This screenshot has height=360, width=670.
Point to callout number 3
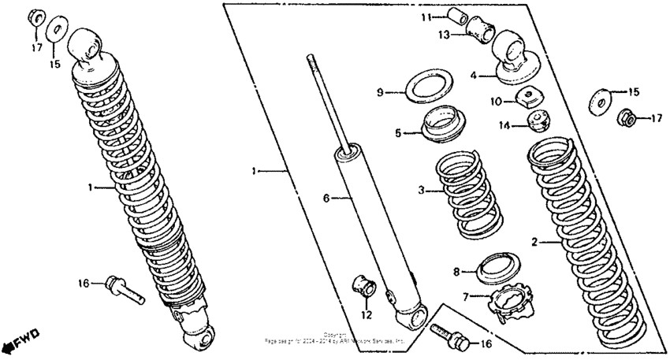pos(422,190)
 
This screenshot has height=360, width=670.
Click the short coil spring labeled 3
pos(470,193)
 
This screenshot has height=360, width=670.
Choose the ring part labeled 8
pos(502,267)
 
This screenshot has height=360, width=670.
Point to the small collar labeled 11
pos(459,17)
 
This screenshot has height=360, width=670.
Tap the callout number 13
pos(444,34)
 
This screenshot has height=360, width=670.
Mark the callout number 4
pos(474,76)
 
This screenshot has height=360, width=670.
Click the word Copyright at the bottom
pos(335,335)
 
